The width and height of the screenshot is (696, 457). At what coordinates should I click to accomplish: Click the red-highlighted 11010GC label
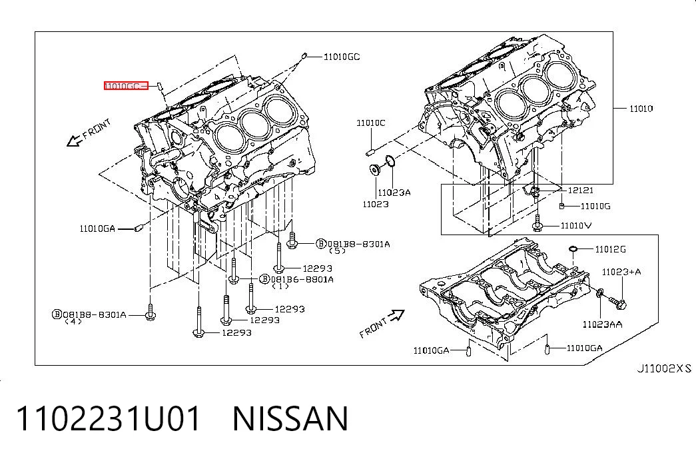click(x=126, y=86)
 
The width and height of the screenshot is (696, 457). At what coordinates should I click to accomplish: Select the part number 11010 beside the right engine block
click(x=641, y=109)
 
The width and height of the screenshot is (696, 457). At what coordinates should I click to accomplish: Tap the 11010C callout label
click(x=371, y=123)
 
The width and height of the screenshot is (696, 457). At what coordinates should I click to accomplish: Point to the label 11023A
click(x=394, y=193)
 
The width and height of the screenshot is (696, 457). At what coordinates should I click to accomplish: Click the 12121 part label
click(x=581, y=190)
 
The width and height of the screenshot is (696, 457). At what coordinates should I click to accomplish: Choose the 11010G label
click(x=595, y=206)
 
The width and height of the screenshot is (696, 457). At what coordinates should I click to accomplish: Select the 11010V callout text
click(x=576, y=226)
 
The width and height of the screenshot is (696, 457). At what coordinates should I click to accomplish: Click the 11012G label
click(x=610, y=249)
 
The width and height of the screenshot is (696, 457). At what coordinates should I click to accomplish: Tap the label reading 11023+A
click(x=621, y=272)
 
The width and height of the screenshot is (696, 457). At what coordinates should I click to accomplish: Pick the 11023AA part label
click(x=602, y=324)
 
